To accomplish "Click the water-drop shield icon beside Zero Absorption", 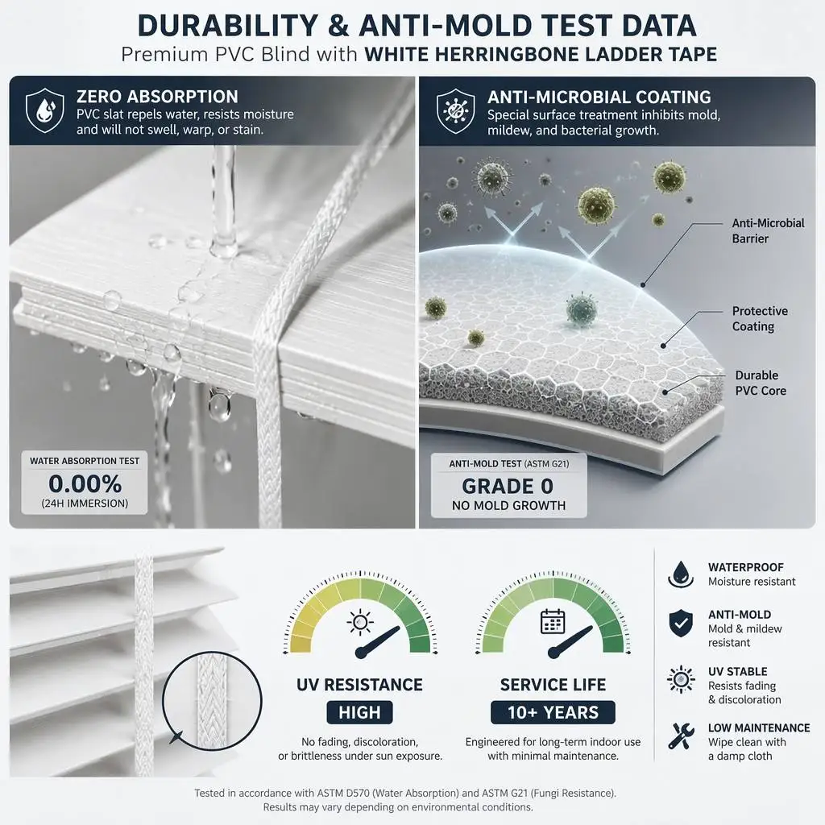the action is pyautogui.click(x=45, y=110).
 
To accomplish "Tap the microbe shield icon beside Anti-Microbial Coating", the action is pyautogui.click(x=456, y=110).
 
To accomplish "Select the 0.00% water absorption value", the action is pyautogui.click(x=85, y=483).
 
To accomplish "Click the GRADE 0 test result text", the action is pyautogui.click(x=508, y=486).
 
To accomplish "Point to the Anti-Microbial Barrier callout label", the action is pyautogui.click(x=768, y=230).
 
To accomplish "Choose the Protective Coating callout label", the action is pyautogui.click(x=760, y=318).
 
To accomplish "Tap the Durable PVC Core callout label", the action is pyautogui.click(x=761, y=383).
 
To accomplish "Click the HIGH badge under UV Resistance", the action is pyautogui.click(x=359, y=712).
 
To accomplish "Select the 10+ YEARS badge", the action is pyautogui.click(x=553, y=712).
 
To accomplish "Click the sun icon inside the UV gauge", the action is pyautogui.click(x=360, y=623).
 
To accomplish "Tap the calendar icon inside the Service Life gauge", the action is pyautogui.click(x=553, y=621).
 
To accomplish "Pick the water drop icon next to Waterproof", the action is pyautogui.click(x=680, y=574).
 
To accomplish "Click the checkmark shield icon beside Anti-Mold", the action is pyautogui.click(x=680, y=623).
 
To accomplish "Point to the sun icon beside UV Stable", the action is pyautogui.click(x=681, y=678).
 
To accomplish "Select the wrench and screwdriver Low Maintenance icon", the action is pyautogui.click(x=681, y=735).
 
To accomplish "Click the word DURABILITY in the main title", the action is pyautogui.click(x=228, y=25).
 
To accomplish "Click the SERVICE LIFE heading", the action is pyautogui.click(x=553, y=685).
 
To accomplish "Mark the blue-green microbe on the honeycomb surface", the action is pyautogui.click(x=582, y=309).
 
